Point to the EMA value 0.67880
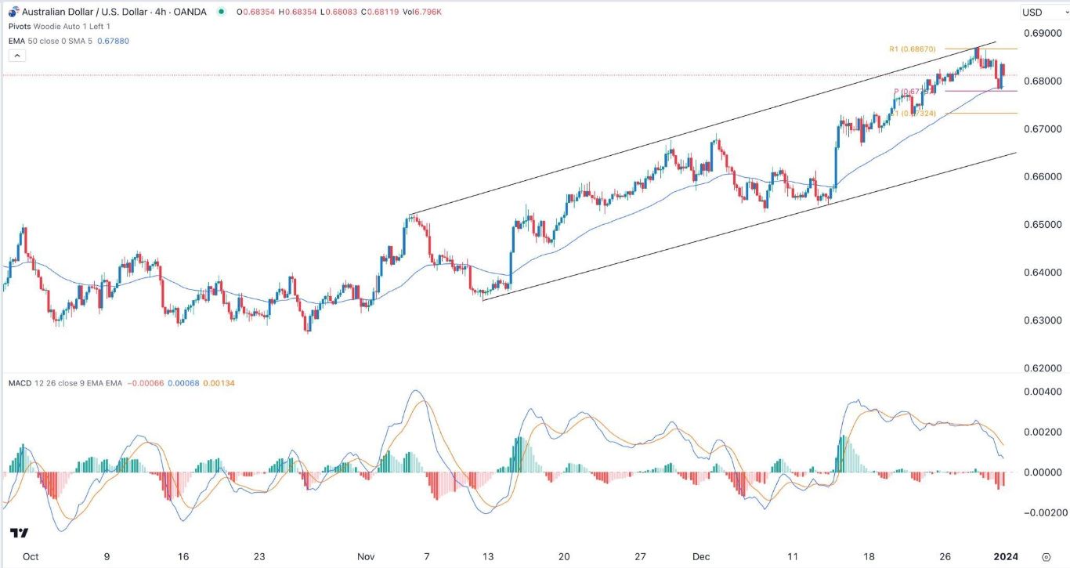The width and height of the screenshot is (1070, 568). [113, 41]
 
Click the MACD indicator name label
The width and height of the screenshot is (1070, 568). [19, 382]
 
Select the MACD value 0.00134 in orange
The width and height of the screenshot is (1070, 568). [219, 382]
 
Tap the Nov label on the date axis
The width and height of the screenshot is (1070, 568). [366, 556]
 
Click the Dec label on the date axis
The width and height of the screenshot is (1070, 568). [701, 556]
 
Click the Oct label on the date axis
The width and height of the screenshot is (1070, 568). [31, 556]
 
